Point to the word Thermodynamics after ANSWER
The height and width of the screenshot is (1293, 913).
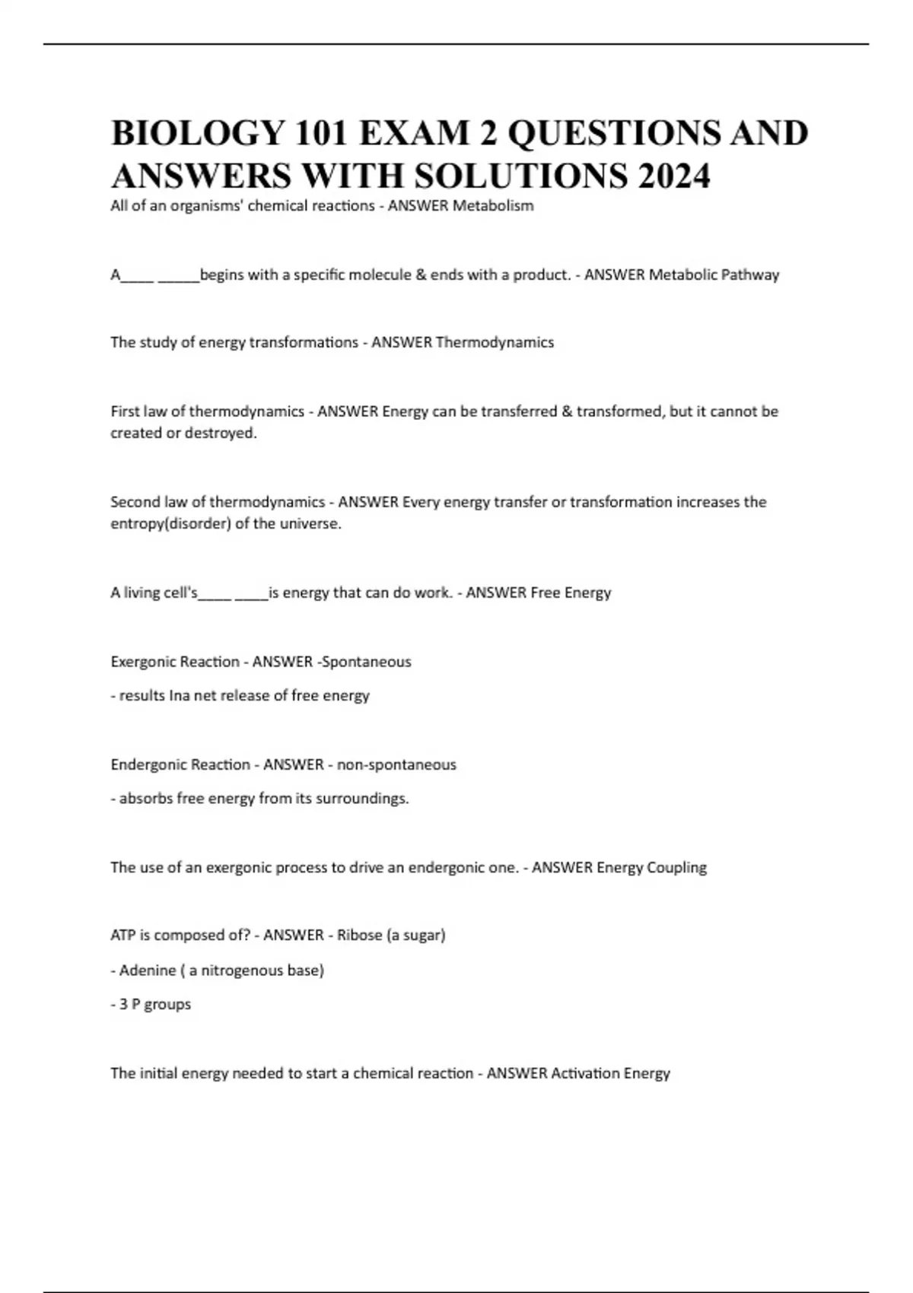click(495, 342)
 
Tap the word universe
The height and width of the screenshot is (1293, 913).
click(311, 524)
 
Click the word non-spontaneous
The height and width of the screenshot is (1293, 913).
click(396, 764)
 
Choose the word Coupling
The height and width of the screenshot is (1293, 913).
click(676, 867)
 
